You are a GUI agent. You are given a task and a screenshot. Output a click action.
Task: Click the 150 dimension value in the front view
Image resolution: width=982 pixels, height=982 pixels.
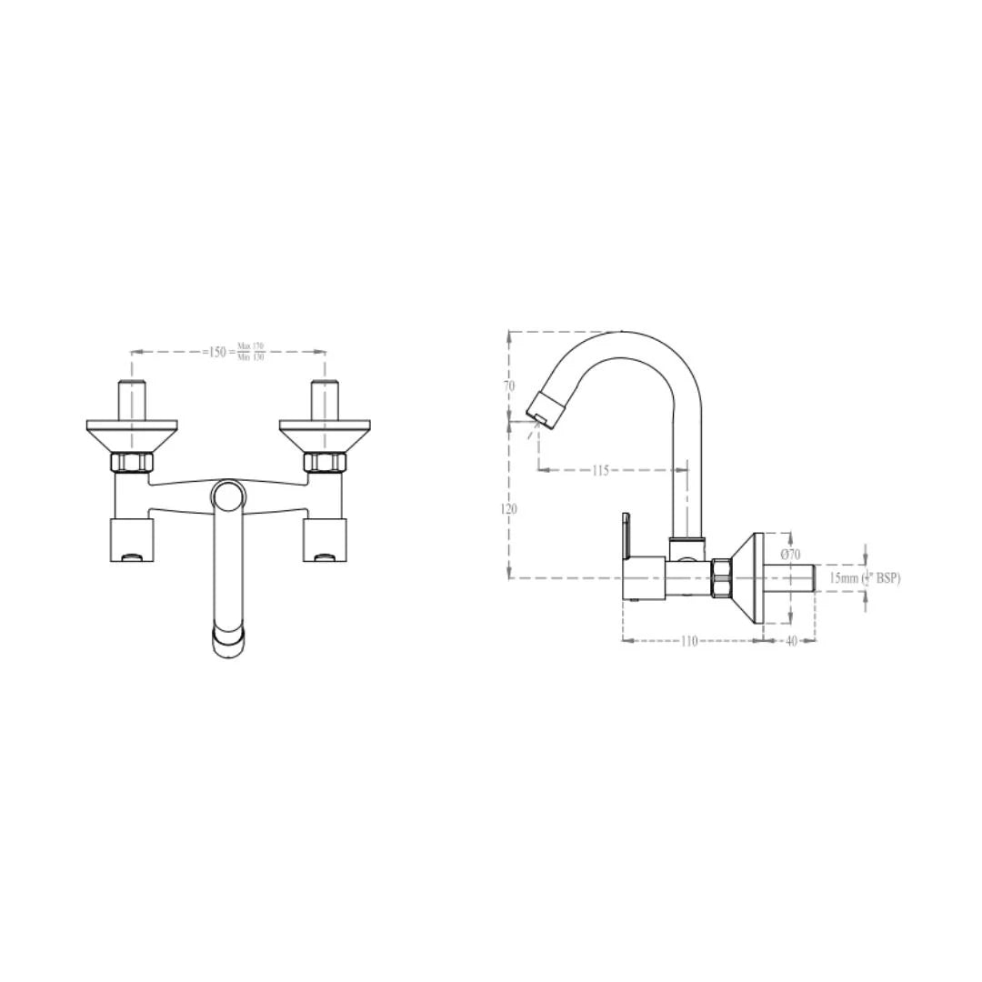216,352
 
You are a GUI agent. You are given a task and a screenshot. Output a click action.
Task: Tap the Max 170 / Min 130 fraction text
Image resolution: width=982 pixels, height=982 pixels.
250,352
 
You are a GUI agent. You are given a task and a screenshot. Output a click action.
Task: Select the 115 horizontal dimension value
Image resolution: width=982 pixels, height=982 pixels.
600,470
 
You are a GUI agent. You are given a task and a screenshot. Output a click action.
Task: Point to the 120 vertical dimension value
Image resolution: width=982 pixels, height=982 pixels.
509,509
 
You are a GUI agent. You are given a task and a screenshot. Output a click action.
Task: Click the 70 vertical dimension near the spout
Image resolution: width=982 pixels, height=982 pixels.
509,386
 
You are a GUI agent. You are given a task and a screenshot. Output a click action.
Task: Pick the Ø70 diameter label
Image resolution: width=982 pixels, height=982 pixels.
790,554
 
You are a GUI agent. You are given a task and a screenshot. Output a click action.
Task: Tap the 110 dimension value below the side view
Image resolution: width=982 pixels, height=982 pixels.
689,641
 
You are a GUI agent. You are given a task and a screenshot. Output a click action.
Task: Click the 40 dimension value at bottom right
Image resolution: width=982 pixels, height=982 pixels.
790,641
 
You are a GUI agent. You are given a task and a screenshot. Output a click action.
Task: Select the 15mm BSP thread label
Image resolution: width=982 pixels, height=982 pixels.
864,578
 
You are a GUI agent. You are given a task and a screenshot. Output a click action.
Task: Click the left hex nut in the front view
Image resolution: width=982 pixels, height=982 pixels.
132,463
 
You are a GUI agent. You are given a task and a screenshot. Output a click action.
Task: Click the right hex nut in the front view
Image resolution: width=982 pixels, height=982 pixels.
326,463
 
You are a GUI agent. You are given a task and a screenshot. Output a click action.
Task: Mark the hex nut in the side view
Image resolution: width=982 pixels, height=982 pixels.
723,578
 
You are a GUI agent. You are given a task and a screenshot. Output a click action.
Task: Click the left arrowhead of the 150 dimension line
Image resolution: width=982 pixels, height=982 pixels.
135,352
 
